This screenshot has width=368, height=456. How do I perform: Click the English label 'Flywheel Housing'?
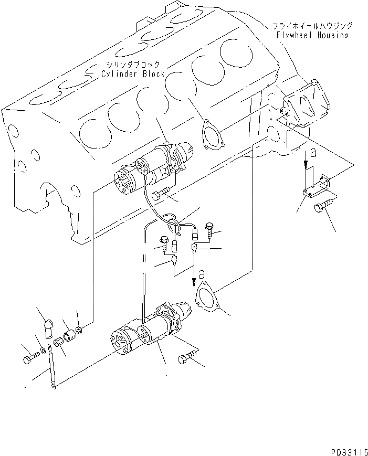(312, 35)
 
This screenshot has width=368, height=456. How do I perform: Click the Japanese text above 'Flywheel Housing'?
(312, 26)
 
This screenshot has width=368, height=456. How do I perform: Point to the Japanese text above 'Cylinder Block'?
(129, 65)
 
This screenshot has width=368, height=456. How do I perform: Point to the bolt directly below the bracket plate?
(322, 207)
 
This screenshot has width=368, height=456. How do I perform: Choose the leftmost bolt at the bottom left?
(29, 359)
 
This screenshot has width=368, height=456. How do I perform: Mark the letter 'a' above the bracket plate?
(313, 153)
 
